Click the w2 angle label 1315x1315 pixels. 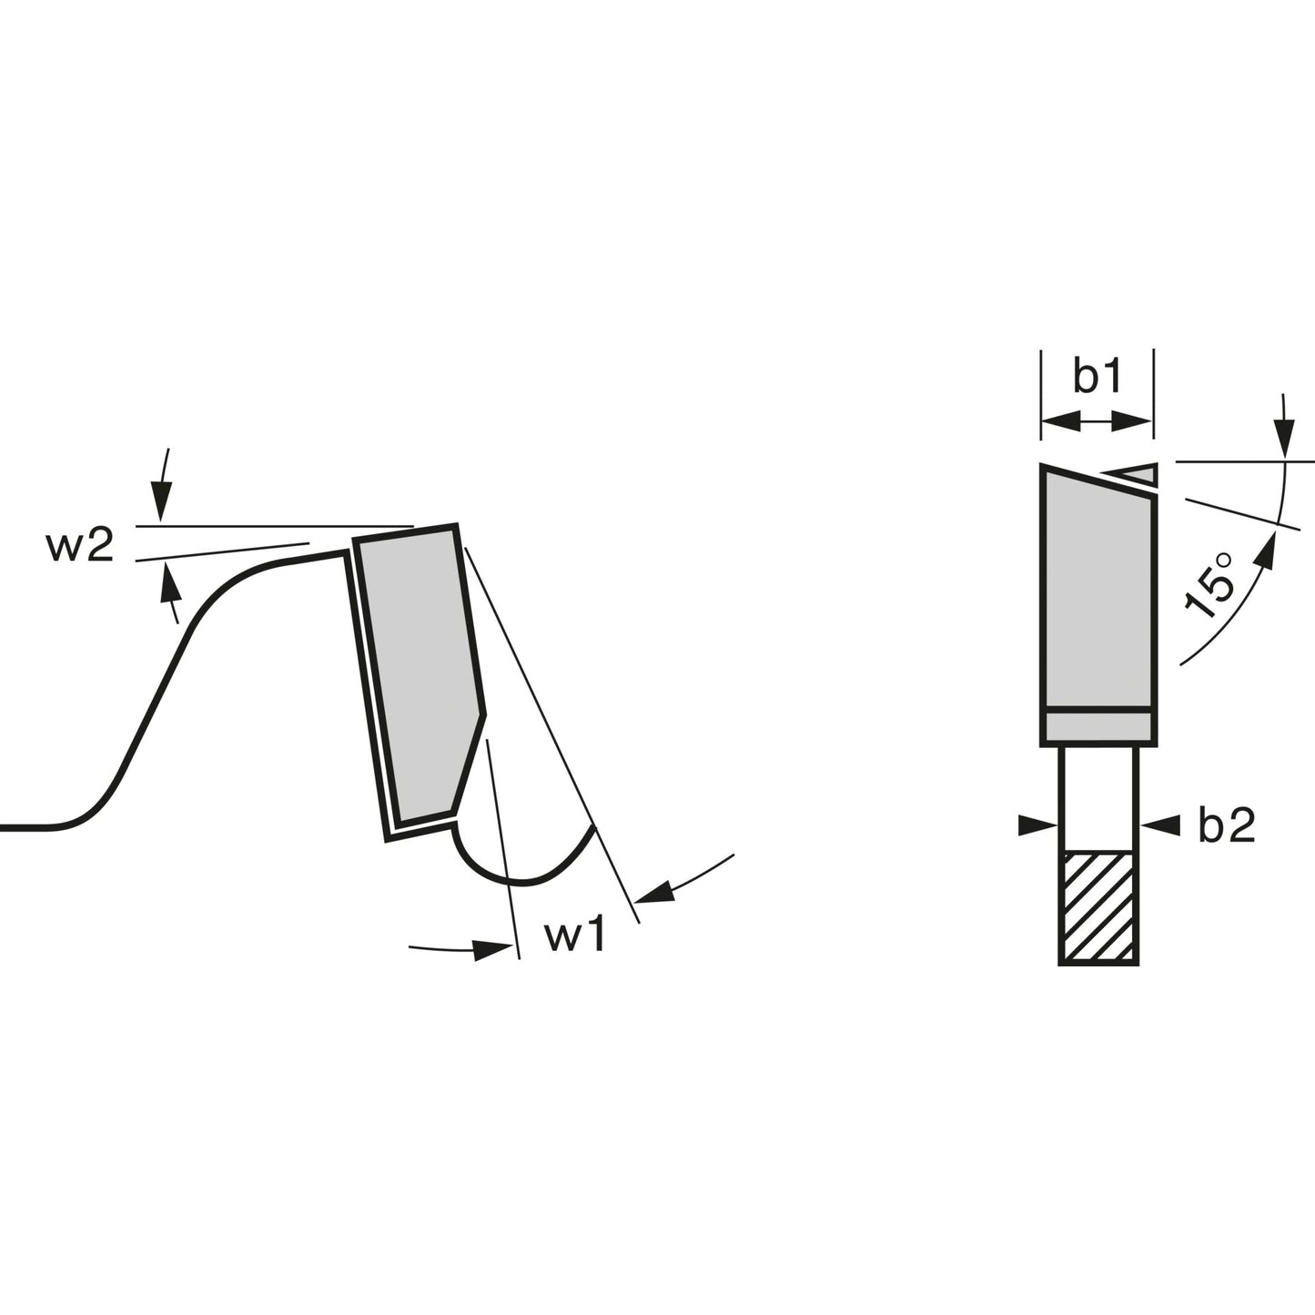click(x=79, y=547)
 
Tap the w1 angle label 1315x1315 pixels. click(x=575, y=936)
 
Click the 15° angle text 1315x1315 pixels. click(x=1210, y=585)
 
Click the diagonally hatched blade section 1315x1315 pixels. click(x=1098, y=907)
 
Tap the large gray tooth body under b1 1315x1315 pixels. click(x=1098, y=591)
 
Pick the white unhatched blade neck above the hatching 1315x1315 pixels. click(x=1098, y=798)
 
